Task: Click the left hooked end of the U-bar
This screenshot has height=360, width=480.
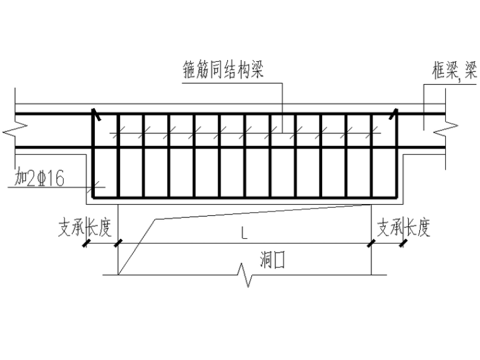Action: [95, 114]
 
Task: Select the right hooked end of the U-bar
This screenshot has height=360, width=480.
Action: [393, 114]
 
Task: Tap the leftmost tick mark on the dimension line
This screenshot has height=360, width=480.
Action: [85, 243]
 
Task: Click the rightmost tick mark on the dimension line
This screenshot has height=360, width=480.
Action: [402, 243]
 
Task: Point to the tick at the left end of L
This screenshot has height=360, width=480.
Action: [117, 243]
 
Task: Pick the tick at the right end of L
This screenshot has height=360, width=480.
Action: [371, 243]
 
